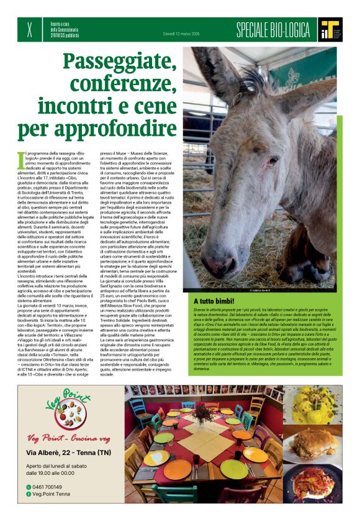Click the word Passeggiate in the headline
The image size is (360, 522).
pyautogui.click(x=119, y=61)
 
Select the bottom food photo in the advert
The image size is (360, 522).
pyautogui.click(x=312, y=483)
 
